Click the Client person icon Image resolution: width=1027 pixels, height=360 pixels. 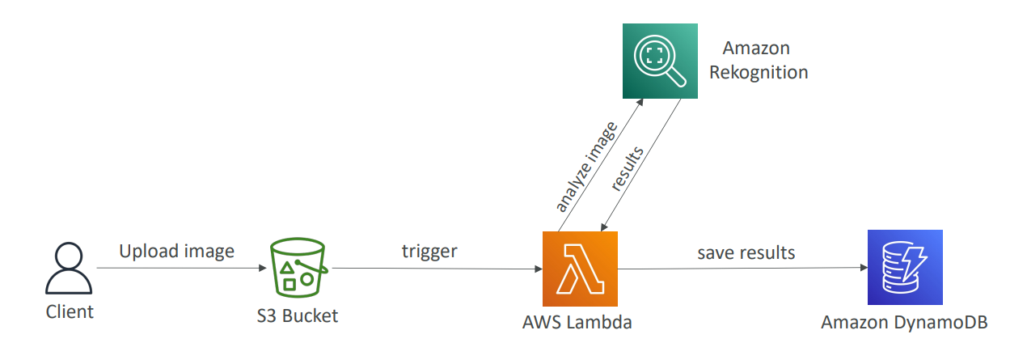[x=69, y=268]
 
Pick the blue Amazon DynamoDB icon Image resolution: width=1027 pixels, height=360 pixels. [x=904, y=268]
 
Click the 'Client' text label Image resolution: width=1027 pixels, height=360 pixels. [x=70, y=311]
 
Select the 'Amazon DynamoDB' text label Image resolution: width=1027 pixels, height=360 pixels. [x=904, y=322]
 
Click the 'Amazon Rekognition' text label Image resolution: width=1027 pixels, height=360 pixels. [x=758, y=61]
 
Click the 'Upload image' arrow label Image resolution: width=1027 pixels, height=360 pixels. [x=176, y=251]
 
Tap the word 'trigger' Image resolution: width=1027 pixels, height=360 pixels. [x=429, y=251]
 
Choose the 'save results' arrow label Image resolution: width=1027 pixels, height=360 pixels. [x=746, y=252]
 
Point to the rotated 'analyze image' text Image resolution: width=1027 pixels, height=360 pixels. [x=586, y=166]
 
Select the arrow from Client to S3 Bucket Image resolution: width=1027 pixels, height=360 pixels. [x=182, y=268]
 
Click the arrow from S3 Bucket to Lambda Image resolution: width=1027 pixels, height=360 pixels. [x=437, y=269]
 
